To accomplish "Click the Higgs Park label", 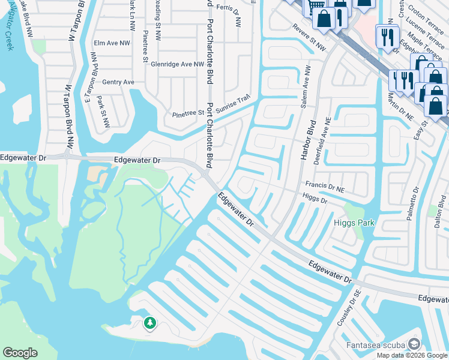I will click(354, 223).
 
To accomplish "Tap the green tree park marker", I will click(149, 324).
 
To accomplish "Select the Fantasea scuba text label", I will click(375, 345).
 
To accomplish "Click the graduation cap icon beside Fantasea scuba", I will click(414, 344).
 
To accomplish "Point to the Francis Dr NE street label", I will click(325, 187).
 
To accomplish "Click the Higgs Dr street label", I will click(315, 198).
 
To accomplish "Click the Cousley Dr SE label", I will click(347, 309).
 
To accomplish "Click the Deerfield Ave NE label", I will click(328, 137).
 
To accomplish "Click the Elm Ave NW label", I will click(112, 43).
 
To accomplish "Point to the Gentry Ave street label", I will click(118, 82).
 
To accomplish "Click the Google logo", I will click(20, 353).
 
